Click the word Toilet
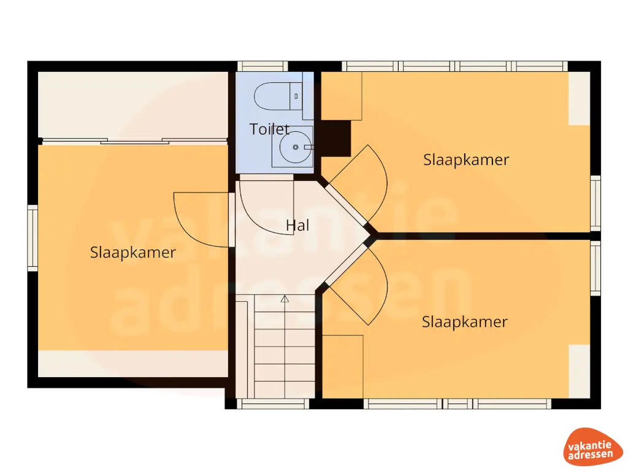point(270,129)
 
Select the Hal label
point(297,226)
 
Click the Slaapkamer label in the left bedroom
point(133,252)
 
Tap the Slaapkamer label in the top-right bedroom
point(466,160)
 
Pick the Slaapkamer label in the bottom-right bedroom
point(465,322)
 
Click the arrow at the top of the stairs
point(285,299)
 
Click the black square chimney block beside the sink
point(335,138)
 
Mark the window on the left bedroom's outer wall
point(33,238)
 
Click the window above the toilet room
point(262,66)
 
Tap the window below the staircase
point(272,404)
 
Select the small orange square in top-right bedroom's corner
point(342,96)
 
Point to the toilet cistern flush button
point(296,96)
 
